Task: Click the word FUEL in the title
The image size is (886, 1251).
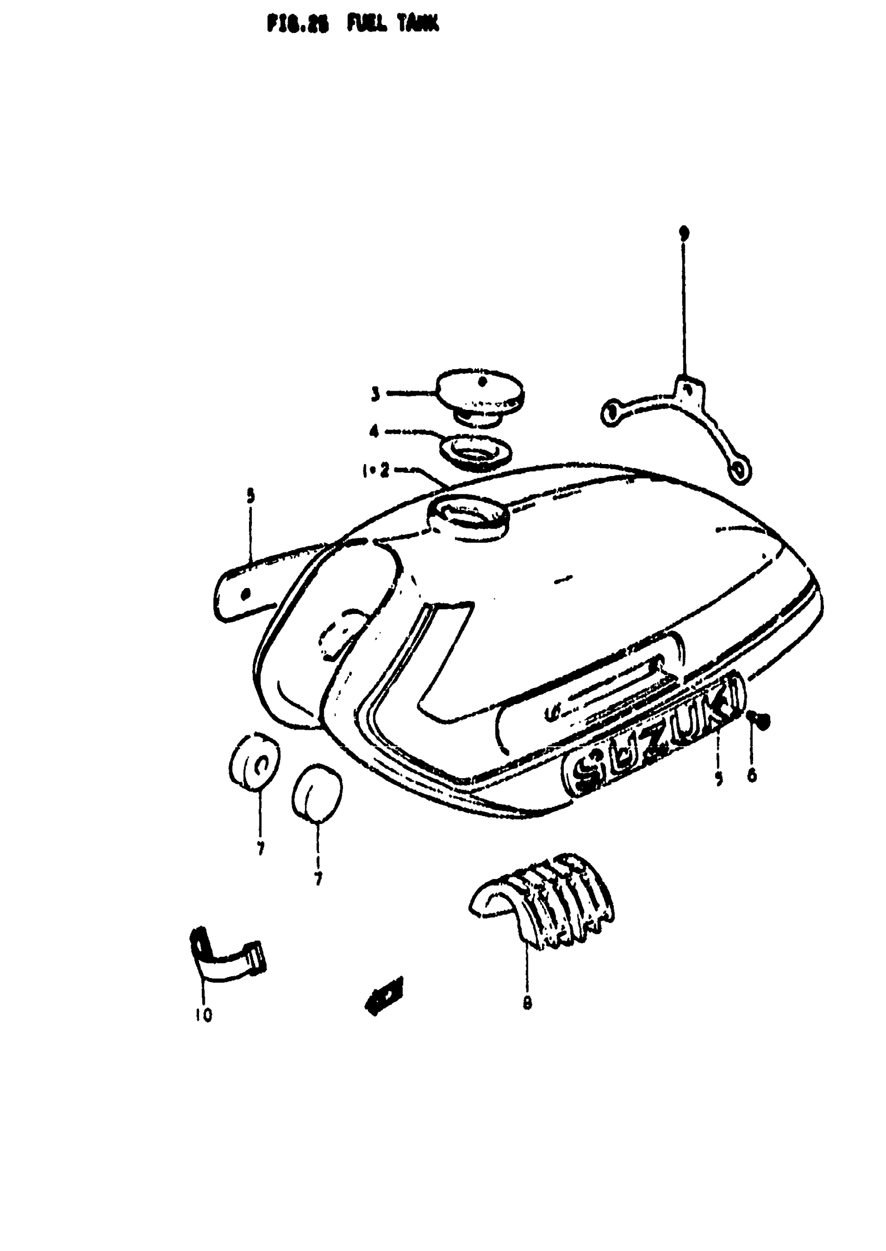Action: pos(367,24)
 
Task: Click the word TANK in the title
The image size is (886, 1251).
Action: pos(418,24)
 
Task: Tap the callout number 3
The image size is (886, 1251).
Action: pos(375,394)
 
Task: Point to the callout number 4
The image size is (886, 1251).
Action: pos(374,432)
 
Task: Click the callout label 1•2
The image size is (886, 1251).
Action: pos(376,471)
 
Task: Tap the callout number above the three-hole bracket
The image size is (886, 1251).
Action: pos(683,233)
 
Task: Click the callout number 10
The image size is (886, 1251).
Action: pos(203,1015)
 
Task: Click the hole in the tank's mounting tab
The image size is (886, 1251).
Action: pos(245,594)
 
